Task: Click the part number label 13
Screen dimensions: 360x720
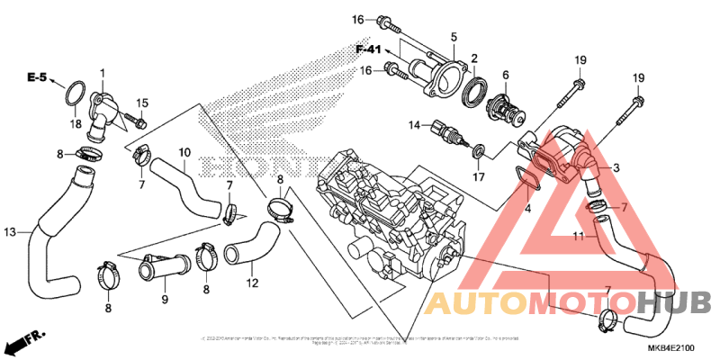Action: pyautogui.click(x=10, y=233)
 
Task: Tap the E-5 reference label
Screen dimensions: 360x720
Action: pyautogui.click(x=37, y=79)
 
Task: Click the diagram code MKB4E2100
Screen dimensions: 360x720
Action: pyautogui.click(x=670, y=346)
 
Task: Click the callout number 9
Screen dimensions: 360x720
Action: pyautogui.click(x=165, y=299)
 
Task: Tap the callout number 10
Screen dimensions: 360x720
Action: pyautogui.click(x=184, y=152)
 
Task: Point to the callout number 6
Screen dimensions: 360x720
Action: pyautogui.click(x=505, y=75)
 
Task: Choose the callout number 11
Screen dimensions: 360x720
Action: pyautogui.click(x=580, y=238)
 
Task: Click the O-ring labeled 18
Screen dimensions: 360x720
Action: pyautogui.click(x=76, y=92)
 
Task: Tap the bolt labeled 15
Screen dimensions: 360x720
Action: pyautogui.click(x=136, y=119)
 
